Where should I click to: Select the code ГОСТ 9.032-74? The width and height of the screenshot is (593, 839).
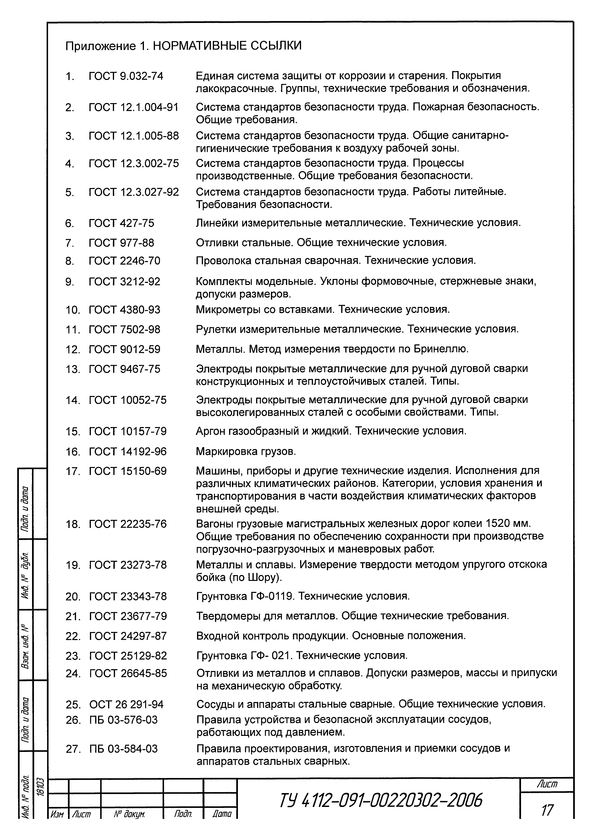click(x=126, y=76)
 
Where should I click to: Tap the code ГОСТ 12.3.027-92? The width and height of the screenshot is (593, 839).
click(x=134, y=192)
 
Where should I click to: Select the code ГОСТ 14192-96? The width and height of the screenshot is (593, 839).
click(x=127, y=452)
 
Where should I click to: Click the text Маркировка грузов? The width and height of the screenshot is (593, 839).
click(x=246, y=452)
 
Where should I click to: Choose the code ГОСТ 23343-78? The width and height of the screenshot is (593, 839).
click(x=128, y=596)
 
